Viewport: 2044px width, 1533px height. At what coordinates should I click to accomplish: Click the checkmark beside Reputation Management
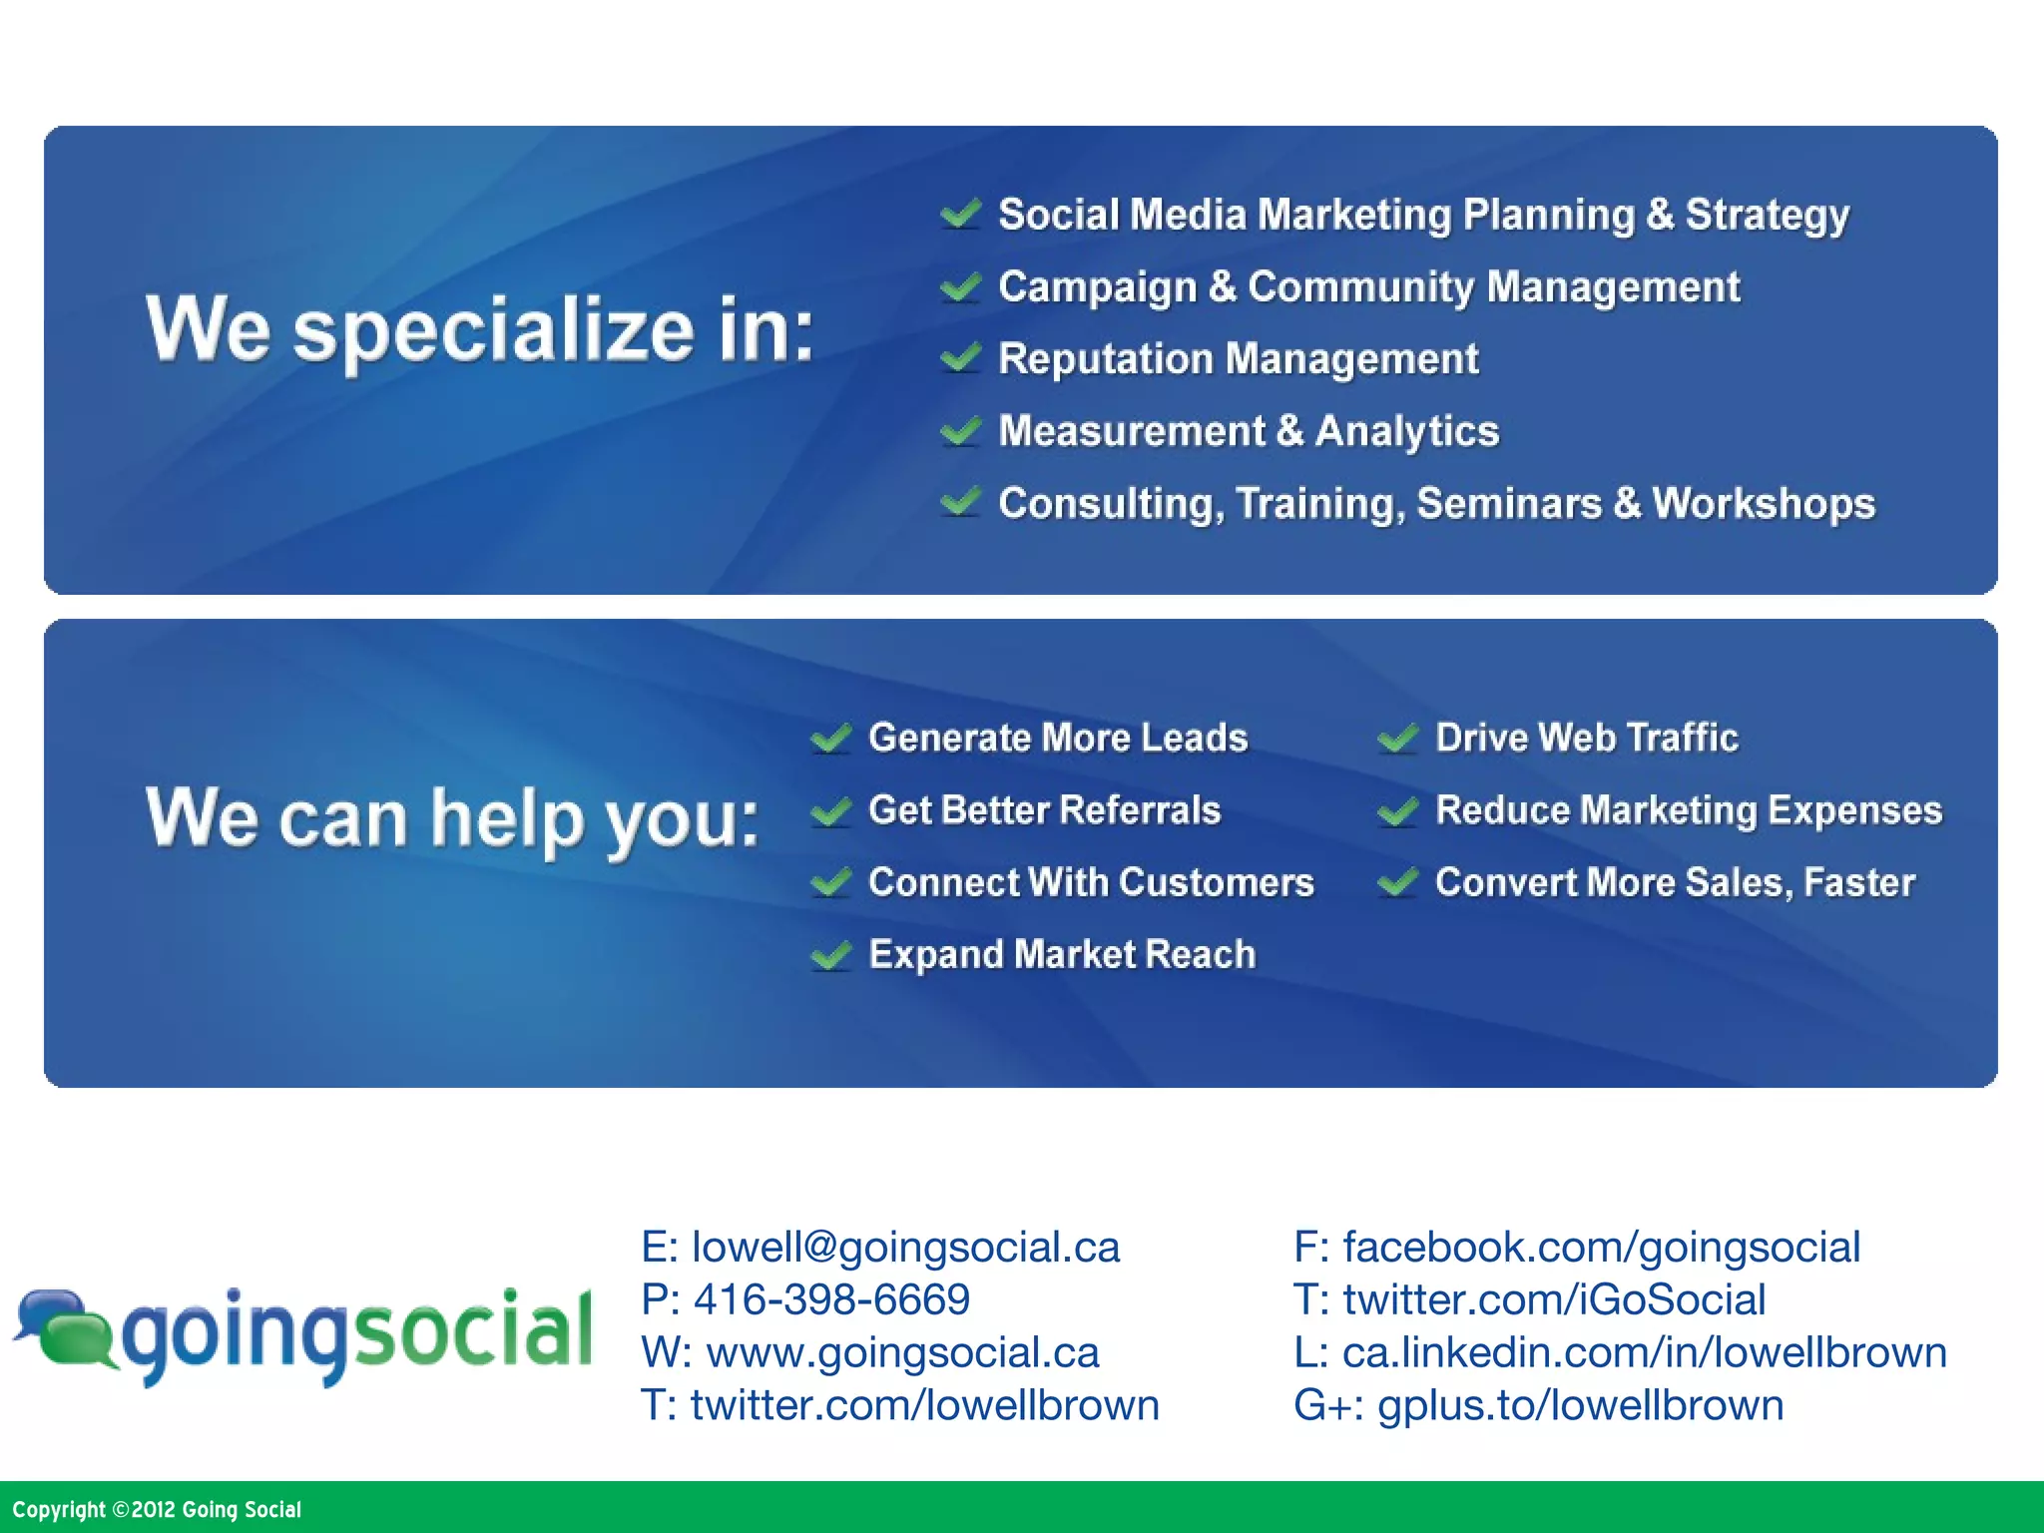click(x=960, y=357)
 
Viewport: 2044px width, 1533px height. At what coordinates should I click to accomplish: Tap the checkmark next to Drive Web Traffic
click(x=1397, y=739)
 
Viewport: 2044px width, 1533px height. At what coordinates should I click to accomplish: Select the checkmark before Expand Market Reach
click(x=830, y=955)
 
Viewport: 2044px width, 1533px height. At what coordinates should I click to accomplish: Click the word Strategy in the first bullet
click(x=1767, y=216)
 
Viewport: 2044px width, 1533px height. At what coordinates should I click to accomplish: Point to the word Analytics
click(x=1407, y=431)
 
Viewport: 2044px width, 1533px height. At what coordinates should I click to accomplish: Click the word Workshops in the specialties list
click(x=1764, y=503)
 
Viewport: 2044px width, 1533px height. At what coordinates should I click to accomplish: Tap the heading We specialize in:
click(x=480, y=329)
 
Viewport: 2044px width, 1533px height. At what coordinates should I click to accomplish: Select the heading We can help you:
click(x=452, y=818)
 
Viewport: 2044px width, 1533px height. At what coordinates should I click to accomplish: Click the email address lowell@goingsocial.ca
click(x=905, y=1247)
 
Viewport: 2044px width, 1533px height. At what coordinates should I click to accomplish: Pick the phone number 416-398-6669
click(x=831, y=1299)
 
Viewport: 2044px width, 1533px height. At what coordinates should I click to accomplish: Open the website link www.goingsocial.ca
click(x=902, y=1352)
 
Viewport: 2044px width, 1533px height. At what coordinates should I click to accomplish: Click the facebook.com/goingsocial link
click(x=1601, y=1247)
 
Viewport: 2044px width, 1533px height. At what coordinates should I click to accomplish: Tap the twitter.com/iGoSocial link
click(x=1554, y=1299)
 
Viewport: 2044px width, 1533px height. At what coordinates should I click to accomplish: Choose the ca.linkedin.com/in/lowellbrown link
click(x=1644, y=1352)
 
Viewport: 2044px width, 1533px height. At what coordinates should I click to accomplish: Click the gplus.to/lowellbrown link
click(x=1580, y=1405)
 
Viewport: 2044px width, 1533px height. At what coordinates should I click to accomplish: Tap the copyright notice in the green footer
click(x=157, y=1509)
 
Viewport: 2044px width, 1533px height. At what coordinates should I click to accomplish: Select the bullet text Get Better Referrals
click(x=1044, y=810)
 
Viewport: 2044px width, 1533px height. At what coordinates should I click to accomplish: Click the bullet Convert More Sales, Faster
click(x=1675, y=882)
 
